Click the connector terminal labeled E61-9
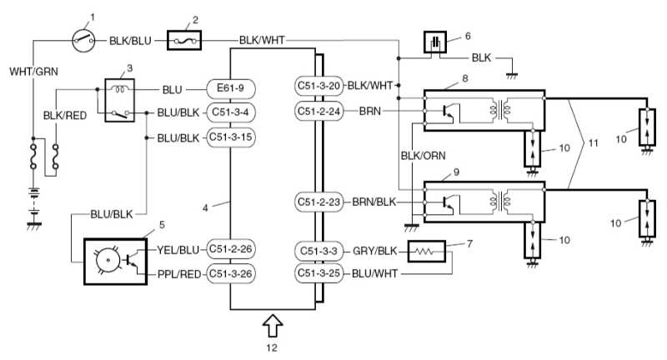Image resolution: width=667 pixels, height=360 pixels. tap(230, 87)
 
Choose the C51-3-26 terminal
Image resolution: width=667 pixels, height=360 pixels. tap(230, 272)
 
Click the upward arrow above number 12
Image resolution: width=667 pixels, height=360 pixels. tap(272, 322)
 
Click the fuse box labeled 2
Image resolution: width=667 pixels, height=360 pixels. tap(183, 39)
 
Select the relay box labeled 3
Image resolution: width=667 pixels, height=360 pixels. tap(118, 100)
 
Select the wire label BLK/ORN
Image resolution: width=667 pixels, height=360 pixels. tap(417, 155)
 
